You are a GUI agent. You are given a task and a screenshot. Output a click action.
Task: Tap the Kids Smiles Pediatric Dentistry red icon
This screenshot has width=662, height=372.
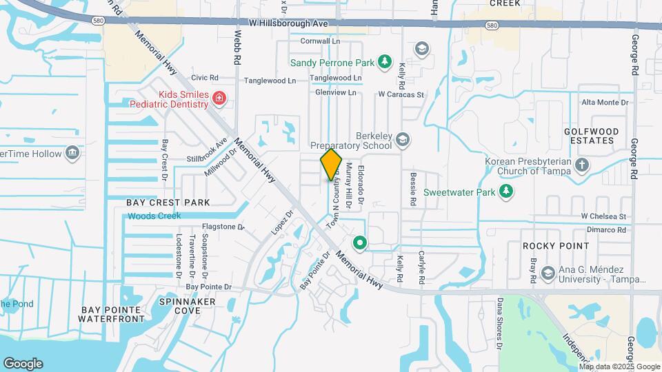tap(219, 99)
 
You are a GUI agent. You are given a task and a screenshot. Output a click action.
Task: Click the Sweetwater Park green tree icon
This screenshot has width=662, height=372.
tap(507, 191)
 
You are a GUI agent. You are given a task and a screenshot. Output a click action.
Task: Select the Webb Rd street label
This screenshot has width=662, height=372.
tap(237, 46)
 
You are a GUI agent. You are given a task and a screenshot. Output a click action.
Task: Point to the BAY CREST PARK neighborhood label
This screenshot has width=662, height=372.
tap(168, 203)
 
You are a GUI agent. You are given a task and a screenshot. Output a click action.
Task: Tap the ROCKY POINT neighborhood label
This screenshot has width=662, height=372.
tap(556, 246)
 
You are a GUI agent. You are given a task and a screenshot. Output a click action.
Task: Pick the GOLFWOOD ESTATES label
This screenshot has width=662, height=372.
tap(590, 136)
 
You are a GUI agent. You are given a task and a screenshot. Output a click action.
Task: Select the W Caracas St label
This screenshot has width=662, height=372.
tap(400, 94)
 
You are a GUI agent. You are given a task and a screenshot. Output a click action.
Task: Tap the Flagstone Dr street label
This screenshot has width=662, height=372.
tap(223, 227)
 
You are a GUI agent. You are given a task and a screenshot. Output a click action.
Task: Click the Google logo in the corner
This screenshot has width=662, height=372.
tap(23, 363)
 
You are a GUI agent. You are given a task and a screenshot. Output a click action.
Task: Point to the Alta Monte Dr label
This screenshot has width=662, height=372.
tap(605, 103)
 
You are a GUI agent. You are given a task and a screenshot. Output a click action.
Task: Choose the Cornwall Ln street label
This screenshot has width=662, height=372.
tap(320, 41)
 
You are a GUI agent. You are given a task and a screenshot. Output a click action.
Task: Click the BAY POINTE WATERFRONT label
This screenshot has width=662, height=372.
tap(112, 314)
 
